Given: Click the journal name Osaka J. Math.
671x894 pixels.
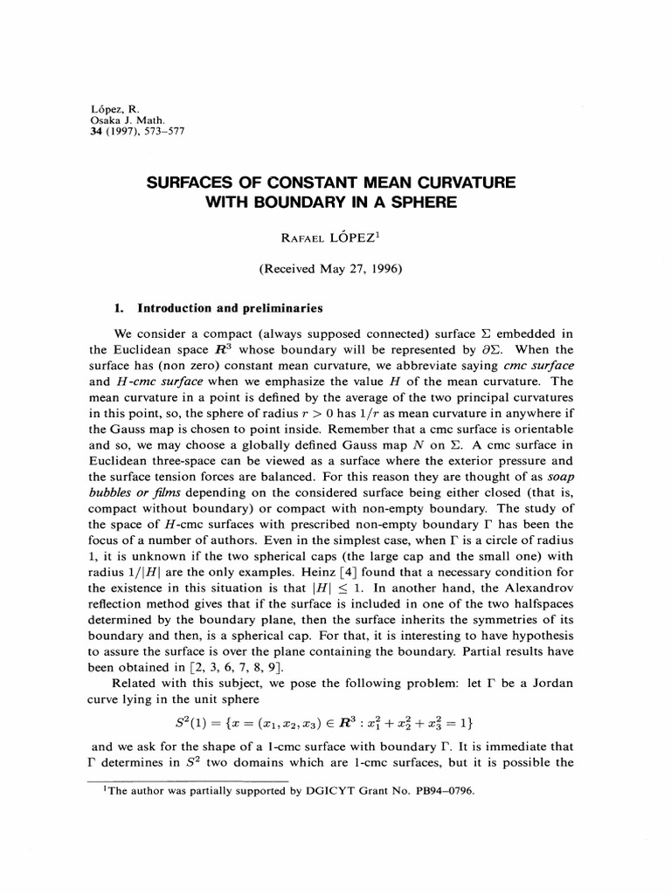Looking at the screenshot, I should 124,119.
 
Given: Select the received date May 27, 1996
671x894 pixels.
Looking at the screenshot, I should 359,270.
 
